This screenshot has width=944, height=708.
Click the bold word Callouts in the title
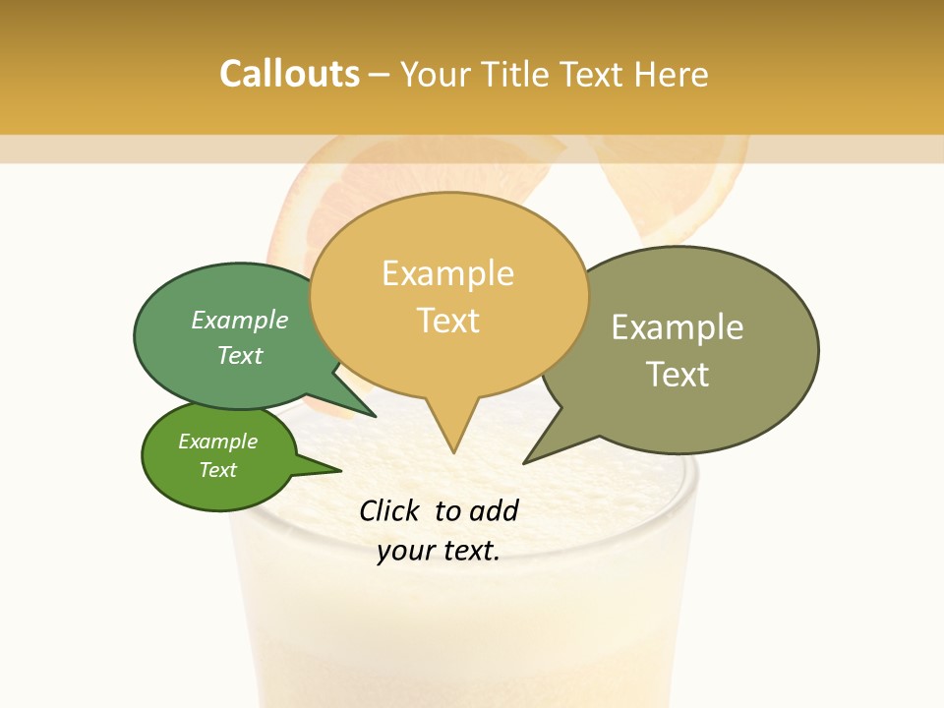[x=289, y=74]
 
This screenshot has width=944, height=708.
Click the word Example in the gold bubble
[x=447, y=273]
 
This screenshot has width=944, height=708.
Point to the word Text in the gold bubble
[x=448, y=321]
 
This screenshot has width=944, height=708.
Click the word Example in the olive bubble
[x=678, y=327]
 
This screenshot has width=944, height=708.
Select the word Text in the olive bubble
[x=678, y=375]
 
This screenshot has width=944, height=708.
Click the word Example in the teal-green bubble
[x=239, y=320]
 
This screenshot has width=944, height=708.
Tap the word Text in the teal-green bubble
[x=239, y=355]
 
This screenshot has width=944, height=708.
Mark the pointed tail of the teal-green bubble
[x=374, y=415]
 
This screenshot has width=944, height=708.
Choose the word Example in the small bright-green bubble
[x=217, y=442]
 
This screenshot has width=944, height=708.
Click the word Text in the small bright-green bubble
[x=217, y=470]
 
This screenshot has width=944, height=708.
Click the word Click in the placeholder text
[x=388, y=510]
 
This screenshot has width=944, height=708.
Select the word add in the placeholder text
[x=494, y=510]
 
